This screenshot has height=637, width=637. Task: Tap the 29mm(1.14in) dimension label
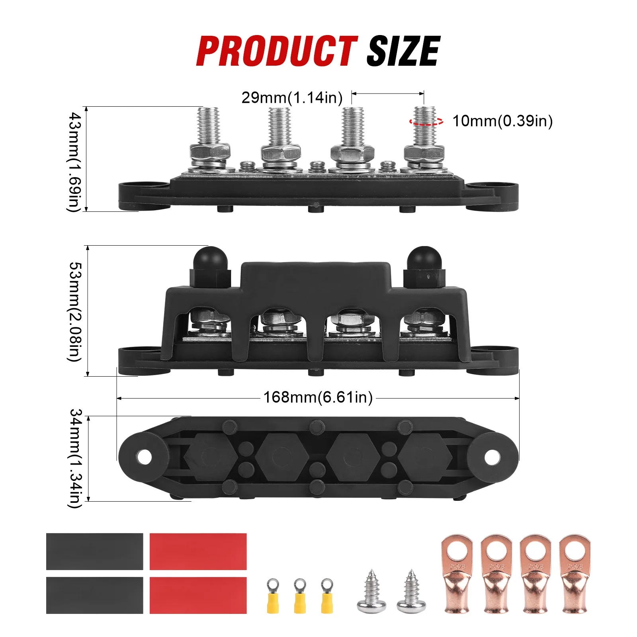(292, 98)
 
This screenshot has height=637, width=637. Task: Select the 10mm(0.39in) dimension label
(502, 121)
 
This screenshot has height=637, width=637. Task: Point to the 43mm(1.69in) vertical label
(75, 161)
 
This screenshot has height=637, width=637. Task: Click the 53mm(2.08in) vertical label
(75, 311)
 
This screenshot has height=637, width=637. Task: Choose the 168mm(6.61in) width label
(318, 397)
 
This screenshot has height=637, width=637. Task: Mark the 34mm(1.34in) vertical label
(75, 458)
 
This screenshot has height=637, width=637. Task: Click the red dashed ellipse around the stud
(426, 121)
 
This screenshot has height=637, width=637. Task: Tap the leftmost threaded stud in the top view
(208, 125)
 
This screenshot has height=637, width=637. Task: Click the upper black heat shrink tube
(94, 551)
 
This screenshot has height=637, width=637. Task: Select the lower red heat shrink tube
(198, 595)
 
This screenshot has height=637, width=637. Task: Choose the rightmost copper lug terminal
(574, 573)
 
